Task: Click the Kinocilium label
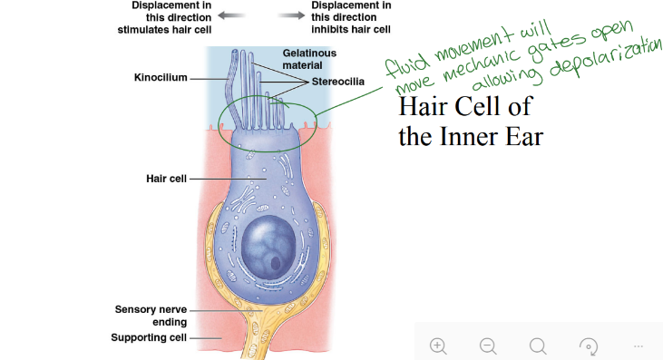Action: coord(160,78)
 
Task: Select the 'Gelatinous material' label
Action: coord(309,59)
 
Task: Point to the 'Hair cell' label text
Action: coord(166,179)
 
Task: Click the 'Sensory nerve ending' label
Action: coord(151,316)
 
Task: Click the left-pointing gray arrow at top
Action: coord(231,15)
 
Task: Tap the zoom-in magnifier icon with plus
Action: coord(438,345)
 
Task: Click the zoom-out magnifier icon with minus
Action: coord(488,345)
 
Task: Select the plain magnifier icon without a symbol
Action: coord(538,345)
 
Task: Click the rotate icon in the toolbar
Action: coord(588,345)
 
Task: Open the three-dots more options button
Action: coord(638,345)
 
